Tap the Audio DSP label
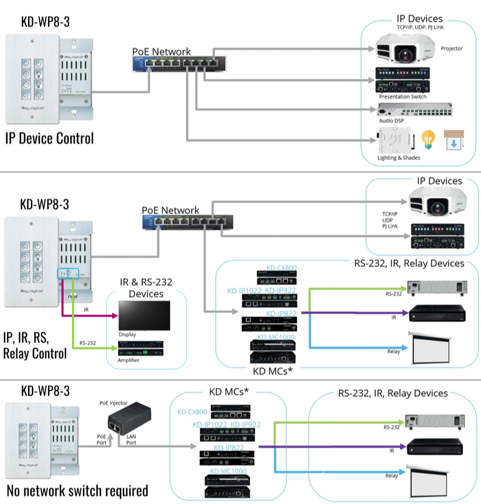tap(392, 121)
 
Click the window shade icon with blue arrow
tap(452, 141)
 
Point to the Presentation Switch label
tap(402, 97)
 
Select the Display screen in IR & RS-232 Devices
tap(144, 315)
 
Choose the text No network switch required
tap(77, 491)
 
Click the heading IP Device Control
tap(49, 139)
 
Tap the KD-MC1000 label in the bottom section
tap(228, 471)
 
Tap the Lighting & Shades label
tap(397, 158)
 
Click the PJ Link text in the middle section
tap(390, 227)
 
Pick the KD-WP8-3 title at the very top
tap(45, 22)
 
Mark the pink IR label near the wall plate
tap(86, 308)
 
